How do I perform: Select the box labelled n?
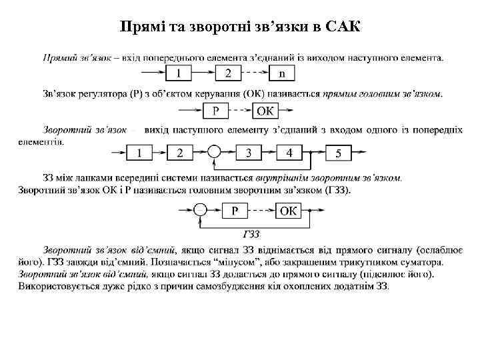[282, 73]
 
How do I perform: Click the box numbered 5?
[339, 154]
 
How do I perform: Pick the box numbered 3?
[249, 153]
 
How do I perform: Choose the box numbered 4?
[289, 153]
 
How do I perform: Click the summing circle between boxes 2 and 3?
[214, 153]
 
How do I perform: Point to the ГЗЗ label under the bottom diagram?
[251, 234]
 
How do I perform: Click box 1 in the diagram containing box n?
[179, 73]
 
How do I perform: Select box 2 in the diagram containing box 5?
[179, 153]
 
